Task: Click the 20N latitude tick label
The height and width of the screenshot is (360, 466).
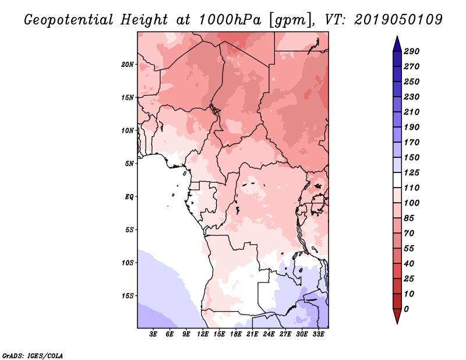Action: click(128, 64)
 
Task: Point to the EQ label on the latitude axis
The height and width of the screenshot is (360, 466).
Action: click(129, 196)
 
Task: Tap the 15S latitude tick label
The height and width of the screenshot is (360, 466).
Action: click(128, 295)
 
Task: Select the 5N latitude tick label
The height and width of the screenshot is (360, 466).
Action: click(129, 164)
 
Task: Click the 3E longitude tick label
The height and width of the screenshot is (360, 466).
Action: click(154, 334)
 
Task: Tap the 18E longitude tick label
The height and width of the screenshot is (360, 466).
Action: click(236, 334)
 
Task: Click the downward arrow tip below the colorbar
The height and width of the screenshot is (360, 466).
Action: click(396, 322)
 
